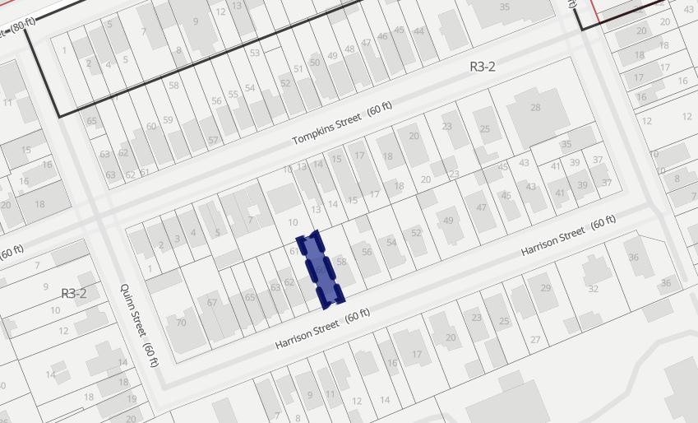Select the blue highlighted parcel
322,269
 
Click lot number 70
181,322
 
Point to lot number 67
212,303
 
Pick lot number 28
535,108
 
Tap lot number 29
544,287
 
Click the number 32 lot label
593,289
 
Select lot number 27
535,339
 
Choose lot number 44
419,31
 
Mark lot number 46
382,37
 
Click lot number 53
255,53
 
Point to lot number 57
213,140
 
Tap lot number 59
168,120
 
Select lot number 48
349,49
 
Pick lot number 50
315,63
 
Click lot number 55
233,95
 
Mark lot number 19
132,399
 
